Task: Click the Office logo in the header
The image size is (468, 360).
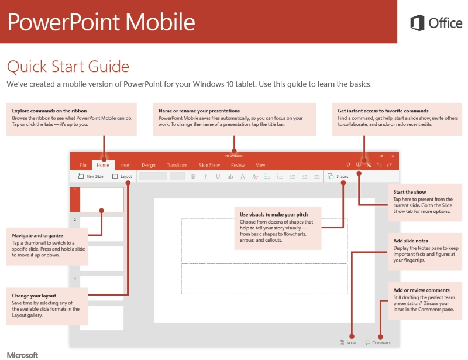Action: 436,23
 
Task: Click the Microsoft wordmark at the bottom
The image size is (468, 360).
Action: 22,355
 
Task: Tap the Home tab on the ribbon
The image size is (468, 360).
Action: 103,166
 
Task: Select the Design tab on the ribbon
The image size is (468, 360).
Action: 149,166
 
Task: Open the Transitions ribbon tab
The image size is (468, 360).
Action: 177,166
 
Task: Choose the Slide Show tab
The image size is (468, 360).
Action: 209,166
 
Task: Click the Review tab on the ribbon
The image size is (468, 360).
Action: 238,166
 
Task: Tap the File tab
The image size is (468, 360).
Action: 83,166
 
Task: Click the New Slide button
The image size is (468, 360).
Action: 91,176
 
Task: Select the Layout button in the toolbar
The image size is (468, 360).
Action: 122,176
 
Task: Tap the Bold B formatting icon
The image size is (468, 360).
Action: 193,176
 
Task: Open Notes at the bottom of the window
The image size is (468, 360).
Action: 348,342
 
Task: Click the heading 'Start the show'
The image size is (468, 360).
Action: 409,192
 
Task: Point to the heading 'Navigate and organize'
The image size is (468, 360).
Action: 37,235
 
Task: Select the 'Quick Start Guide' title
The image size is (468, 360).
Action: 68,66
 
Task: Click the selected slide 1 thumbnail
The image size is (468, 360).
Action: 101,200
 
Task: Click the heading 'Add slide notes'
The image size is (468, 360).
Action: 411,241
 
